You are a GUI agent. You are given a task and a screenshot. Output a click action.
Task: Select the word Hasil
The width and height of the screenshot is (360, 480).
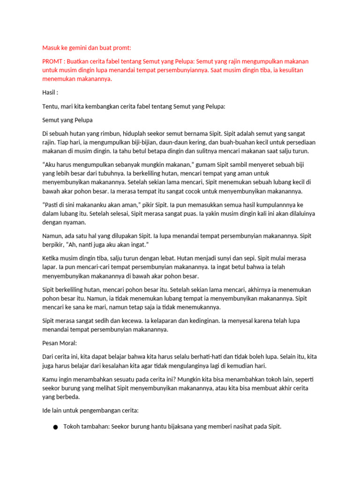coord(49,92)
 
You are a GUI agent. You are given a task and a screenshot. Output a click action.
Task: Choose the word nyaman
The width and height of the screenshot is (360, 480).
coord(74,223)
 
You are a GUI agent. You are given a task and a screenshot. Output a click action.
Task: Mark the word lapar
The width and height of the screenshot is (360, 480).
coord(49,267)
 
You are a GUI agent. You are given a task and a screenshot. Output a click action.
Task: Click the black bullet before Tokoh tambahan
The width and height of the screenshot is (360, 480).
coord(56,427)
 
